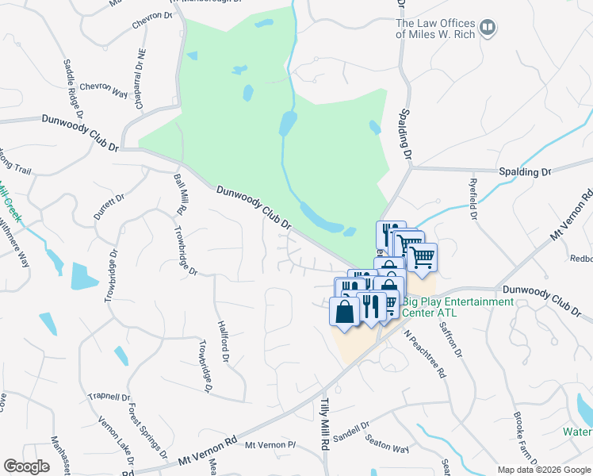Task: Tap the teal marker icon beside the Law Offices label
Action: (x=488, y=29)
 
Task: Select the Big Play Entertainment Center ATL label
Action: (x=458, y=306)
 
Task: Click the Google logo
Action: (x=26, y=466)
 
